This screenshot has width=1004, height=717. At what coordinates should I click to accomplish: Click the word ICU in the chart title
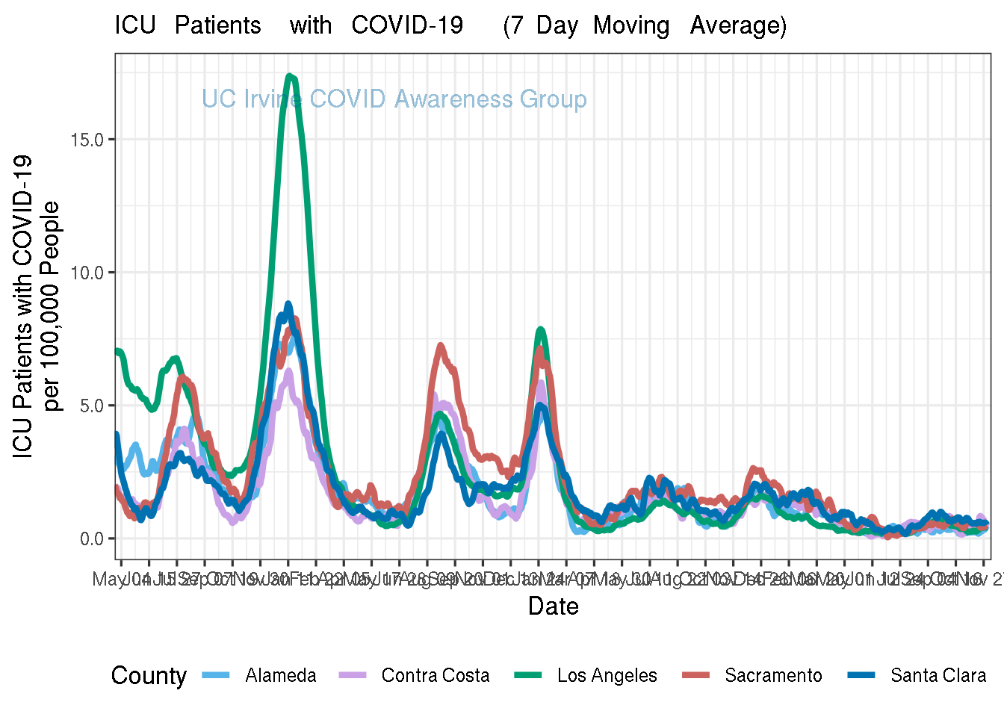(134, 25)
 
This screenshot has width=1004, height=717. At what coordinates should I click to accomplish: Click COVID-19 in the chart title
(407, 25)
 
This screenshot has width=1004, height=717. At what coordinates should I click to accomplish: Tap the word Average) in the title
(738, 25)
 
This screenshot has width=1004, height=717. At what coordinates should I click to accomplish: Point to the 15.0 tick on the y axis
(87, 140)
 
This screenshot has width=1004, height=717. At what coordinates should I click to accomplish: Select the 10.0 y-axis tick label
(87, 273)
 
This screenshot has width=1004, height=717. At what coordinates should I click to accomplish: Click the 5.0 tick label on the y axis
(91, 406)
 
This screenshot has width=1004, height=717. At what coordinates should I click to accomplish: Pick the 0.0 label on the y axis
(91, 538)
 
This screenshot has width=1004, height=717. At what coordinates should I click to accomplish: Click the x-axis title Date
(553, 606)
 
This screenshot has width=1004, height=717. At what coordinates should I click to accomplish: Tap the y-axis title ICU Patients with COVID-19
(23, 306)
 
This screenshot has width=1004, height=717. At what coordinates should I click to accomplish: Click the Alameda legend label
(281, 676)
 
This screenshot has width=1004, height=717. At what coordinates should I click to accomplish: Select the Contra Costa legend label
(436, 676)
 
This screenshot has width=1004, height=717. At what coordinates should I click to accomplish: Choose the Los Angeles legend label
(607, 676)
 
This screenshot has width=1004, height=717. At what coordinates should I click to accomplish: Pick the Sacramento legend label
(773, 676)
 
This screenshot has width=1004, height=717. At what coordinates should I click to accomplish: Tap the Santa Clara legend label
(938, 676)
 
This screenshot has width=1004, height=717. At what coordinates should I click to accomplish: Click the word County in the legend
(149, 676)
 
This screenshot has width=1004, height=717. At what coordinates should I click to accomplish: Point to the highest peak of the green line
(290, 76)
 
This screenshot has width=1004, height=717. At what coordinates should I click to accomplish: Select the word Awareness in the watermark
(453, 99)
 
